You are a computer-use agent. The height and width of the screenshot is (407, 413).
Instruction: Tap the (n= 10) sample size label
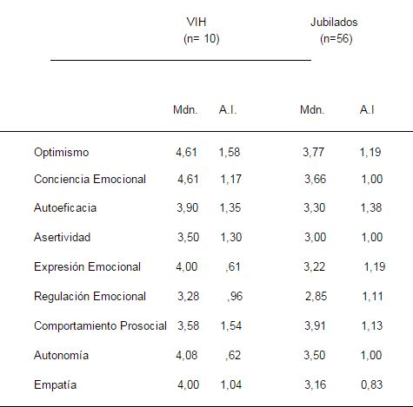[201, 38]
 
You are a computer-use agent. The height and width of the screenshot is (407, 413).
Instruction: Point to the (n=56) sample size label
[336, 38]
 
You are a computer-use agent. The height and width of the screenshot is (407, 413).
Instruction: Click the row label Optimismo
[61, 153]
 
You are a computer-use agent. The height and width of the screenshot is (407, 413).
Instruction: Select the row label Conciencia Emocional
[90, 180]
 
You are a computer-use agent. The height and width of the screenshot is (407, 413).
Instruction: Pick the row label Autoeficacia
[65, 208]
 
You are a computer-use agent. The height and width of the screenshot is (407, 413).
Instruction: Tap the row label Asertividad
[62, 237]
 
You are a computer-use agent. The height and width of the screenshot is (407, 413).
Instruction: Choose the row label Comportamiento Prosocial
[100, 325]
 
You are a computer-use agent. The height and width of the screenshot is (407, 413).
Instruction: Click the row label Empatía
[55, 384]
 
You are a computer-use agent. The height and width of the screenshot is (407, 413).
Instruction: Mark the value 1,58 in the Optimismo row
[230, 153]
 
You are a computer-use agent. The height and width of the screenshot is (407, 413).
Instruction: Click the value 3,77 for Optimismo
[314, 153]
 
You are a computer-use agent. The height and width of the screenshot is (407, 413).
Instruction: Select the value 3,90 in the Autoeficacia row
[187, 208]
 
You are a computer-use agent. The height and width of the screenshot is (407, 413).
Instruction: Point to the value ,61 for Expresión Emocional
[232, 266]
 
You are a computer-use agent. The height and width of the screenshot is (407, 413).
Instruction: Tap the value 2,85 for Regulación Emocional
[316, 297]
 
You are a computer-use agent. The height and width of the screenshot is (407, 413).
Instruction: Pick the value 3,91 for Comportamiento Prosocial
[314, 325]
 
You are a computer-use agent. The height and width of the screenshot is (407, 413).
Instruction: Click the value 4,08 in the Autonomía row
[187, 355]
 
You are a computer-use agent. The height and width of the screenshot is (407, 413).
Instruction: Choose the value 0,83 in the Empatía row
[371, 384]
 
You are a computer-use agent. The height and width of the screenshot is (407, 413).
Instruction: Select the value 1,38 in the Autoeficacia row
[370, 208]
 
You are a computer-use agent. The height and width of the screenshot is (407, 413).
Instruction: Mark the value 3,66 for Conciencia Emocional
[316, 180]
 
